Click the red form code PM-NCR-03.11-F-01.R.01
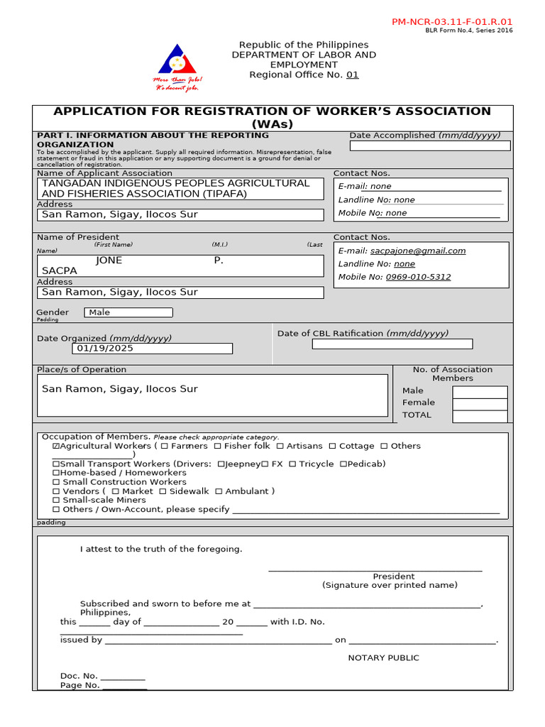(x=452, y=22)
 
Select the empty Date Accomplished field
(x=429, y=146)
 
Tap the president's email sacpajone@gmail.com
(x=418, y=251)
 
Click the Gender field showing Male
(x=128, y=312)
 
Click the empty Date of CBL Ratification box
(x=392, y=344)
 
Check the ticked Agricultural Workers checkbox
(x=56, y=447)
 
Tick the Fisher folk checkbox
(x=218, y=447)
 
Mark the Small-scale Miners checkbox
(x=56, y=501)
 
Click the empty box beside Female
(x=480, y=404)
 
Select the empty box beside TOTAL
(x=480, y=416)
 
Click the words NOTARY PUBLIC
(x=383, y=658)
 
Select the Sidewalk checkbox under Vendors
(x=163, y=491)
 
